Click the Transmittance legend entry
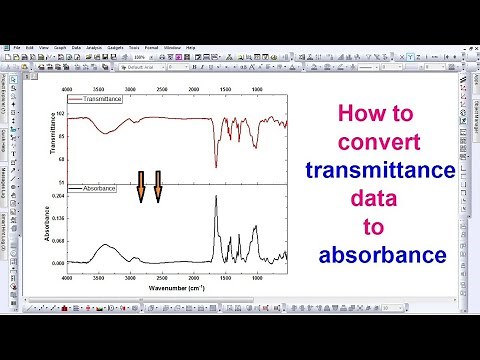105,101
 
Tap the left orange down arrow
141,187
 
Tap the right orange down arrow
157,187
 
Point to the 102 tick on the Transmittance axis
59,114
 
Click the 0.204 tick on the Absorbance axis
57,196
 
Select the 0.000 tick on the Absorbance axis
57,263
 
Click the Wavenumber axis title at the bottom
177,287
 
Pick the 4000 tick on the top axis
68,89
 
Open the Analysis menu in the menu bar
94,47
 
